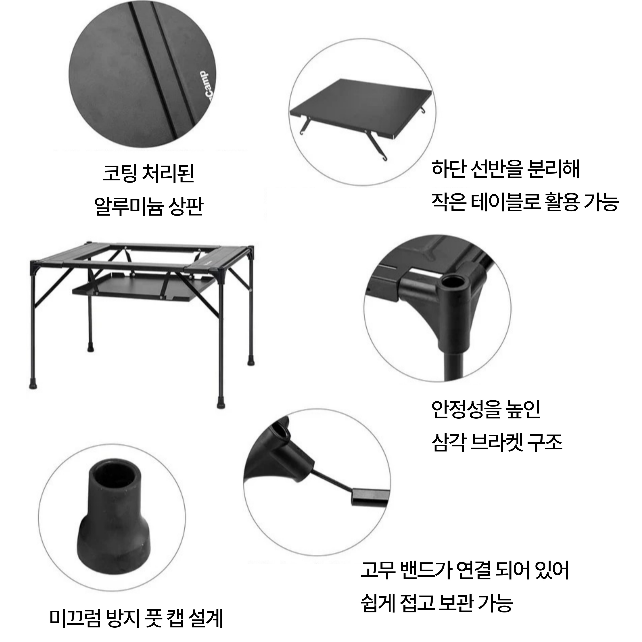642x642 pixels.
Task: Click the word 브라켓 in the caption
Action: pos(497,442)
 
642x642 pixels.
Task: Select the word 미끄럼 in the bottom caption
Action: pos(75,618)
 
